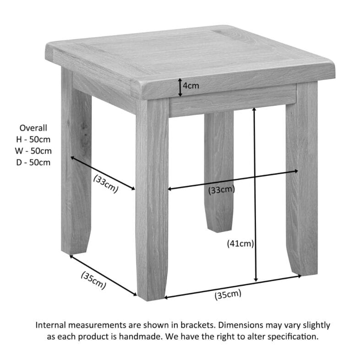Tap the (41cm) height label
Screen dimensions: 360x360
[x=240, y=244]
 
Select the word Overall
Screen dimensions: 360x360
[x=33, y=128]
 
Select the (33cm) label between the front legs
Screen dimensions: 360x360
[x=221, y=190]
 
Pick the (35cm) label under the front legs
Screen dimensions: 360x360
[x=228, y=295]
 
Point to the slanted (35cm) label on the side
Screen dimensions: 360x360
[x=93, y=280]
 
